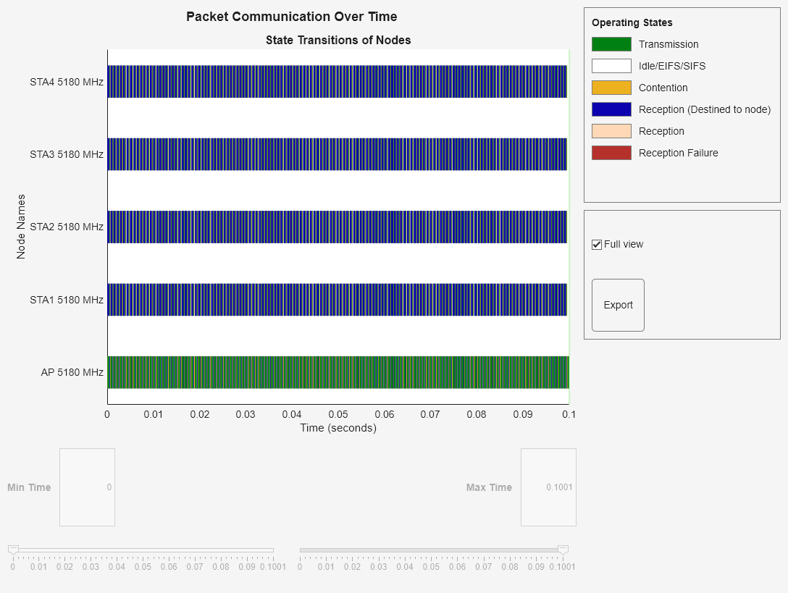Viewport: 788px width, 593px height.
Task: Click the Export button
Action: point(618,305)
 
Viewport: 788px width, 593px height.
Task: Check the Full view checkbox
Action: point(597,245)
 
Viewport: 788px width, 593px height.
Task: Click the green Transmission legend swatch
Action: point(611,44)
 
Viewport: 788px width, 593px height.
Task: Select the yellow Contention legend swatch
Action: point(611,88)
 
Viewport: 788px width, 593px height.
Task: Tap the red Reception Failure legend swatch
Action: point(611,153)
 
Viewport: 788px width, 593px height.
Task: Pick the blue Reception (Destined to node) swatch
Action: point(611,109)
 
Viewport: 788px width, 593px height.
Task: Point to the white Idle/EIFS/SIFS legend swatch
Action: point(611,66)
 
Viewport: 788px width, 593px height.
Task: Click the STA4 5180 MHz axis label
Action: point(67,82)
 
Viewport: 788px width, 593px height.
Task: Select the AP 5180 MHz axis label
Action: point(72,373)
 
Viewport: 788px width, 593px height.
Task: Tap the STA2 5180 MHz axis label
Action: point(67,227)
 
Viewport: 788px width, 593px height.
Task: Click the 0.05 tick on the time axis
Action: point(338,414)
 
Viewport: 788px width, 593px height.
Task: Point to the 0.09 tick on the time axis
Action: point(523,414)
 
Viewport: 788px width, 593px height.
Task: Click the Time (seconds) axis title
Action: point(338,428)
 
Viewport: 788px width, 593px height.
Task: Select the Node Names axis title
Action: point(21,227)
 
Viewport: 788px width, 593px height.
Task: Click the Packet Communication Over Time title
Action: point(292,17)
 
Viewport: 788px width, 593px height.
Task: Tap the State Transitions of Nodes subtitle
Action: point(338,40)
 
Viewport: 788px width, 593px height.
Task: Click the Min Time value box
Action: point(87,487)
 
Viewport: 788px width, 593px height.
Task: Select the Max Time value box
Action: point(548,487)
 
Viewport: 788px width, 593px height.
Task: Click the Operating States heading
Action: point(632,22)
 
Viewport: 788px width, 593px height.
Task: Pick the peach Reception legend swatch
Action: point(611,131)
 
